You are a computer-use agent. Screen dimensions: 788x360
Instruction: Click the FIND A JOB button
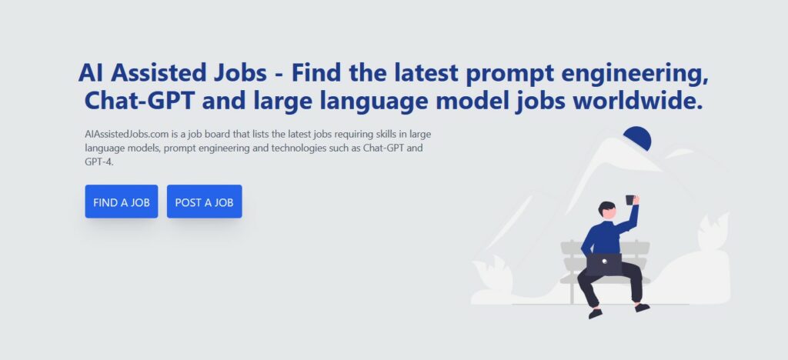(121, 202)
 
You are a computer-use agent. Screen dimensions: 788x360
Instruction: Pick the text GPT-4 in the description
(99, 162)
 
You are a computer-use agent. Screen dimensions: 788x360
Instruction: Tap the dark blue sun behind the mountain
(638, 137)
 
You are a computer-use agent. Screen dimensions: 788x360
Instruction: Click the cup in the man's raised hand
(629, 200)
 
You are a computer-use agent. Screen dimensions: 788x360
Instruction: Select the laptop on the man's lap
(603, 264)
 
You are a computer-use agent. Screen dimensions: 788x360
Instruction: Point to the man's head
(607, 210)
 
